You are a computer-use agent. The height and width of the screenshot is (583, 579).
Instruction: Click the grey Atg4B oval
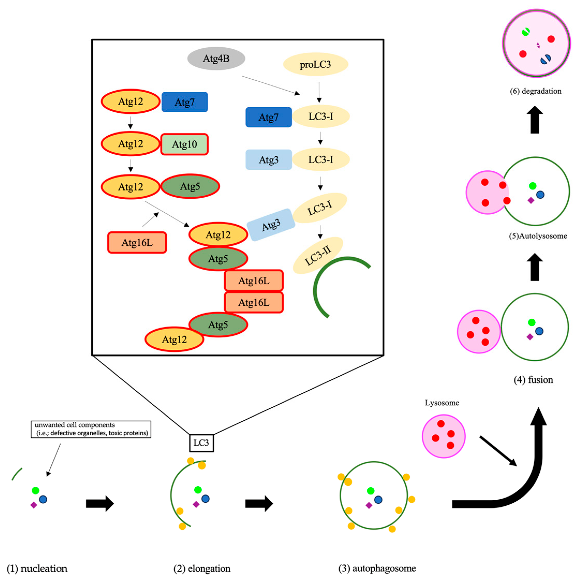[216, 59]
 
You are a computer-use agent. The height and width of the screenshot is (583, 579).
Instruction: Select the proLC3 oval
[315, 64]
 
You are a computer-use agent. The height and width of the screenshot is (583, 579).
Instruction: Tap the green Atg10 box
[184, 144]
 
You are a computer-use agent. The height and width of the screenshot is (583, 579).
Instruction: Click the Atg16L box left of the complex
[137, 242]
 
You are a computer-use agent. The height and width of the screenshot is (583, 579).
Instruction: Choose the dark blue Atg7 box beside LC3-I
[268, 117]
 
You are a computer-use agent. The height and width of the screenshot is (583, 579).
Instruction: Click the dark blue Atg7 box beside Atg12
[184, 102]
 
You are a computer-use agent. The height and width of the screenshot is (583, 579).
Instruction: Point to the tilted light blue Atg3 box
[271, 225]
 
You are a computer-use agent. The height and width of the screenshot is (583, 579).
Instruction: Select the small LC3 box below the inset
[201, 443]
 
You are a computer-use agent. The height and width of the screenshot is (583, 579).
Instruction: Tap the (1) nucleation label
[37, 568]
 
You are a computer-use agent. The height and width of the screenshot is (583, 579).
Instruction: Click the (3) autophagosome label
[377, 568]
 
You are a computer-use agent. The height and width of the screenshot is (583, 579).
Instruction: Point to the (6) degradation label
[536, 91]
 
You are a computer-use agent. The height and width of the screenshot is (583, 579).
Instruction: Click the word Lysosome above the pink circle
[442, 403]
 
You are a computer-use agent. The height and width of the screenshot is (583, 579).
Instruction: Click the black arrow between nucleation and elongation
[100, 503]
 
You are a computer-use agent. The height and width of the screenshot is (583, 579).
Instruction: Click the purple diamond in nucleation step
[34, 505]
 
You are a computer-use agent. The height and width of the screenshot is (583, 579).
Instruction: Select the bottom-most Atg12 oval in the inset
[174, 339]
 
